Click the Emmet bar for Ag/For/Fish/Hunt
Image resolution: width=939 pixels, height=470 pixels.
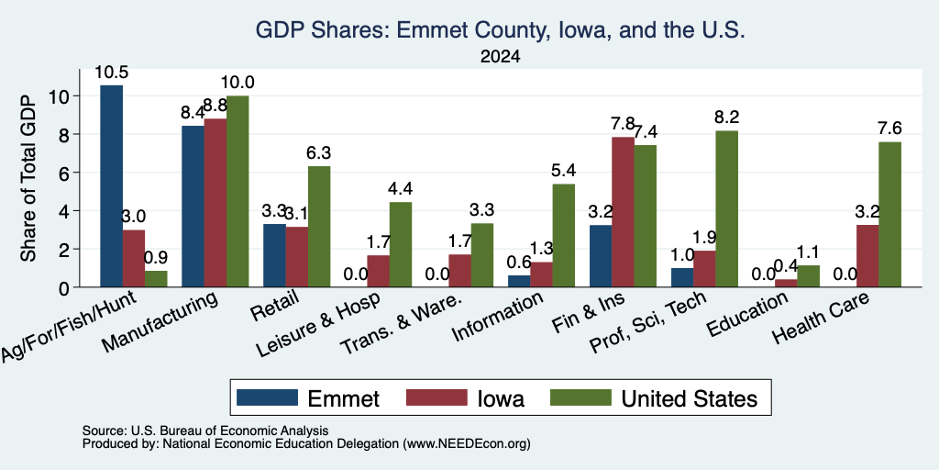[x=111, y=185]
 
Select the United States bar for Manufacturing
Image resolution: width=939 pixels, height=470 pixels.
[x=238, y=191]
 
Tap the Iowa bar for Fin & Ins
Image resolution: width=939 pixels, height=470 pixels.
[x=624, y=212]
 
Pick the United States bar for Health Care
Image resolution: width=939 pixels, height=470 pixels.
[x=889, y=215]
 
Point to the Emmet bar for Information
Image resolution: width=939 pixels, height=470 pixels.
[x=519, y=281]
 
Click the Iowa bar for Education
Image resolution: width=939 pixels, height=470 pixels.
[x=786, y=283]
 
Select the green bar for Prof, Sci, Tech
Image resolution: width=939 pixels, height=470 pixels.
[x=727, y=208]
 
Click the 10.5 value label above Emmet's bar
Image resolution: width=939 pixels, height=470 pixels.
[x=111, y=73]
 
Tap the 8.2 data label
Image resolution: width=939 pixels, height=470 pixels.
[x=727, y=117]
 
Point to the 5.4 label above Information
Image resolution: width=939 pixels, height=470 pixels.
[x=564, y=171]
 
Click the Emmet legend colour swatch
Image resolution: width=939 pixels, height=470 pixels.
[x=267, y=397]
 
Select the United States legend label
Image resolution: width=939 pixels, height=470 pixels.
[x=690, y=398]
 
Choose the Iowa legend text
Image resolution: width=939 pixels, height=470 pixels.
[x=501, y=398]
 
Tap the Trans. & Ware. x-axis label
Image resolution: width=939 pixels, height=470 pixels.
[x=401, y=324]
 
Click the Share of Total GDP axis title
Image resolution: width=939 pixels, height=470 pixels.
[x=28, y=178]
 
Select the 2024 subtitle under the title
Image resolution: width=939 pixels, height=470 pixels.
[x=500, y=56]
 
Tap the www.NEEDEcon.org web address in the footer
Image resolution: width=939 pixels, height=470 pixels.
[x=467, y=444]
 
